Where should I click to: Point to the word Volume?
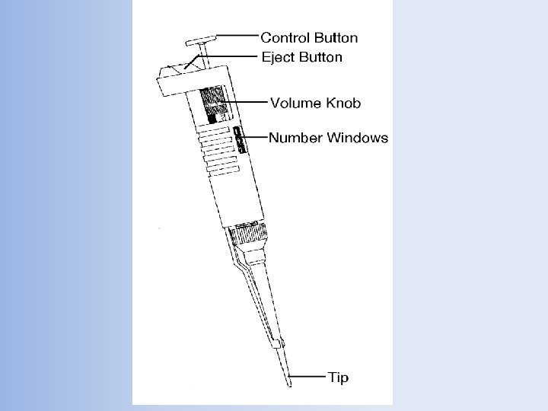click(294, 102)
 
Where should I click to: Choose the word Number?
click(295, 138)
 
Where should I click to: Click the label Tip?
click(339, 376)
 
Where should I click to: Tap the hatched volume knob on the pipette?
click(214, 103)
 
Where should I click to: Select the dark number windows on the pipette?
click(238, 140)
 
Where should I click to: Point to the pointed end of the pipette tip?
click(289, 383)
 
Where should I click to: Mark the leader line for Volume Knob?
click(248, 101)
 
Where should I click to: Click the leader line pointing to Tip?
click(307, 376)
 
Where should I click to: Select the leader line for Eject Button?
click(233, 56)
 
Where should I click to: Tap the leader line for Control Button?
click(237, 36)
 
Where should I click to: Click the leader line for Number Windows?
click(255, 138)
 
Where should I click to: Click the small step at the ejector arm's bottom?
click(280, 342)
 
